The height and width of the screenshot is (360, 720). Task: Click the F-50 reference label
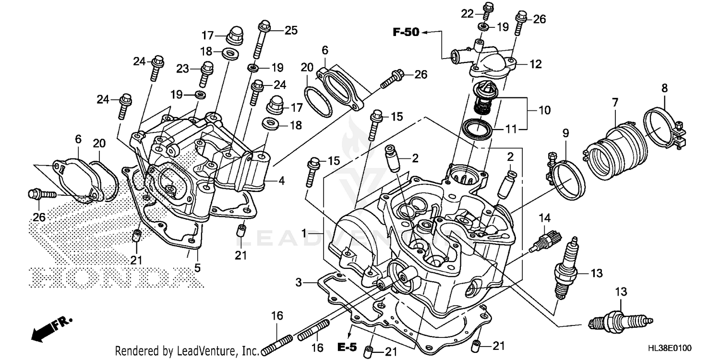click(406, 32)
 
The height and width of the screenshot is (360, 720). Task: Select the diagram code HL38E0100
click(684, 347)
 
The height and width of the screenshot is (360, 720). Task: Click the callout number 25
click(290, 30)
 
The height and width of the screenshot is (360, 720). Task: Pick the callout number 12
click(535, 62)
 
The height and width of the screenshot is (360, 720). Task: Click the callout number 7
click(615, 102)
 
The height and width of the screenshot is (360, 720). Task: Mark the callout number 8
click(664, 88)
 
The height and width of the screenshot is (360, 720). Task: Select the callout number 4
click(281, 181)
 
